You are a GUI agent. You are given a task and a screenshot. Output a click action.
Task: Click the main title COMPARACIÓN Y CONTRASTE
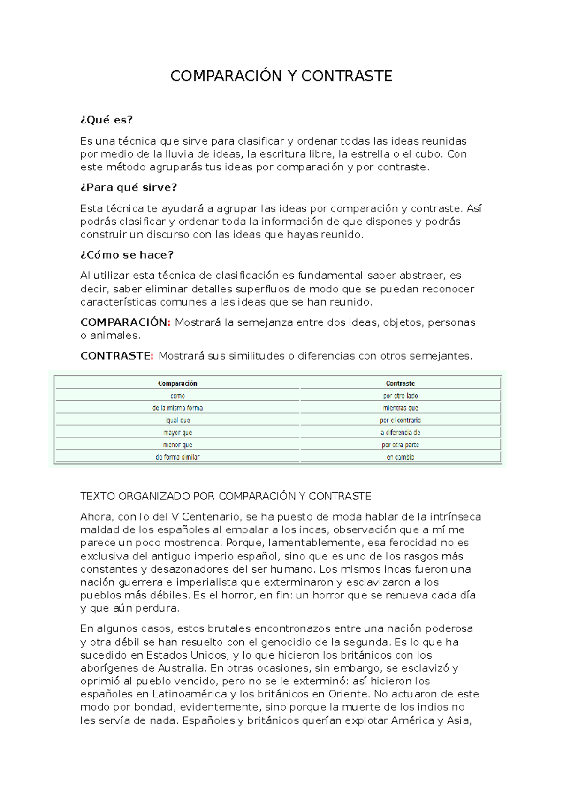(281, 76)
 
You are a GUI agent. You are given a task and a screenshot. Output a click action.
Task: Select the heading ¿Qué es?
(107, 120)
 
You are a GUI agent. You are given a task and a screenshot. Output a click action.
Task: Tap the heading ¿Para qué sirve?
(129, 188)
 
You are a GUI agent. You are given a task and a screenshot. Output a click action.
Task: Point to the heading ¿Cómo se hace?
(127, 255)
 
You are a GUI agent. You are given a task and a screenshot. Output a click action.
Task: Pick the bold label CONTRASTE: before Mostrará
(117, 356)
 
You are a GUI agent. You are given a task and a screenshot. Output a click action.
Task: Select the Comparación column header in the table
(177, 383)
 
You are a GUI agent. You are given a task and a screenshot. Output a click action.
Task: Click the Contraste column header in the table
(400, 383)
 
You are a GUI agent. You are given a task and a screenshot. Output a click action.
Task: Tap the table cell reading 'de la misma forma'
(177, 408)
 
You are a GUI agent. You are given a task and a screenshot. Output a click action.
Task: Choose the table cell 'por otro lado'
(400, 396)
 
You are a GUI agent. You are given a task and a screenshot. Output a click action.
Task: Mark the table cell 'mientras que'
(400, 408)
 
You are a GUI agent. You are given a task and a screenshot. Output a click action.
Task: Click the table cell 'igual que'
(177, 420)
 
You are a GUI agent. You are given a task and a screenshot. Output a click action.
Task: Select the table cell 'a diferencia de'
(400, 432)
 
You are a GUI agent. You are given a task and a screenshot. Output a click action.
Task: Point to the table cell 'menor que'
(177, 444)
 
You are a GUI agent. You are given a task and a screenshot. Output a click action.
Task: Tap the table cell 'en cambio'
(400, 457)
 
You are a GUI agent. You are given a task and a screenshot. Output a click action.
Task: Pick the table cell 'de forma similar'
(177, 457)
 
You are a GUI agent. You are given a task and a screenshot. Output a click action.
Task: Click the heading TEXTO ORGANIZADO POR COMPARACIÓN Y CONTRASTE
(226, 496)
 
